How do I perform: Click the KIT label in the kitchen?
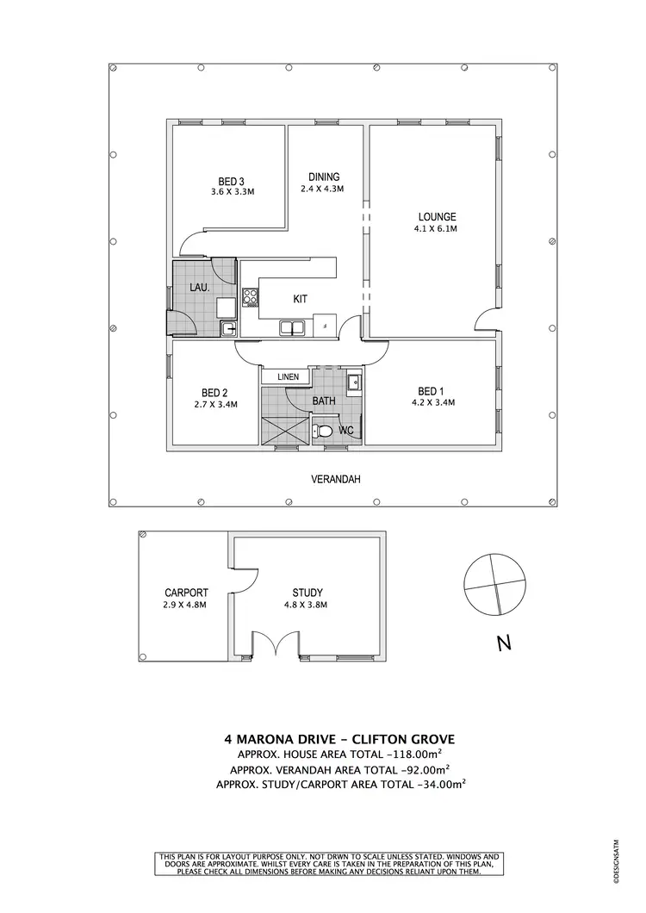click(301, 299)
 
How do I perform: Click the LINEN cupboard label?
click(287, 377)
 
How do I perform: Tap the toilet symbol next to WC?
click(324, 431)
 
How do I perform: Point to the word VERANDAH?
click(335, 479)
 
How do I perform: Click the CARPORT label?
click(185, 593)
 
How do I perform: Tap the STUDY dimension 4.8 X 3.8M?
click(307, 605)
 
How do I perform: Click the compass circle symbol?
click(493, 582)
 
